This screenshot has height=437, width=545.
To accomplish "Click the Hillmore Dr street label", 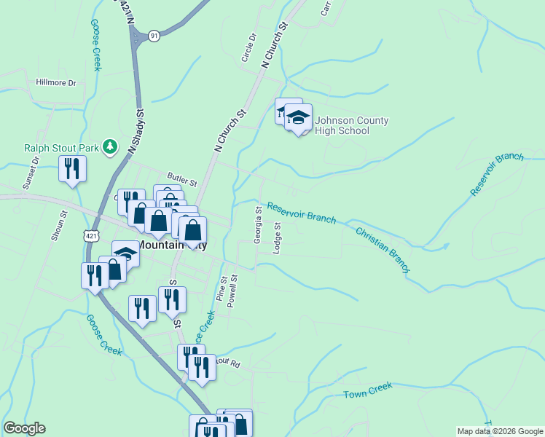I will point(56,83).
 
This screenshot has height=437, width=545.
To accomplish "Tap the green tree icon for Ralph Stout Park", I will point(110,147).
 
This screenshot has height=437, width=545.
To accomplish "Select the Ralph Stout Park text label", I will point(61,148).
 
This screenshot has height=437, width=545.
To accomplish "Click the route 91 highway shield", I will point(153,36).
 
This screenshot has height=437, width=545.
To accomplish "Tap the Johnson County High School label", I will point(352,125).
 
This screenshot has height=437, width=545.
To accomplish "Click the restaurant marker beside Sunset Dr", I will point(72,168).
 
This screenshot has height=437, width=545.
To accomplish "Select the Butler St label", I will point(182,178).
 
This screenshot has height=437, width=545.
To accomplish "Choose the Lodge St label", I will point(277,238).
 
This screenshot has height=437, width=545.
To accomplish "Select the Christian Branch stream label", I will point(383,251).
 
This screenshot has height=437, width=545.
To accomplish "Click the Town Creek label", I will point(368,391).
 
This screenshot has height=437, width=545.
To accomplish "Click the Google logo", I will point(24,428).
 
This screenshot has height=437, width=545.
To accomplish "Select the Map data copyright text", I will point(499,431).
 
